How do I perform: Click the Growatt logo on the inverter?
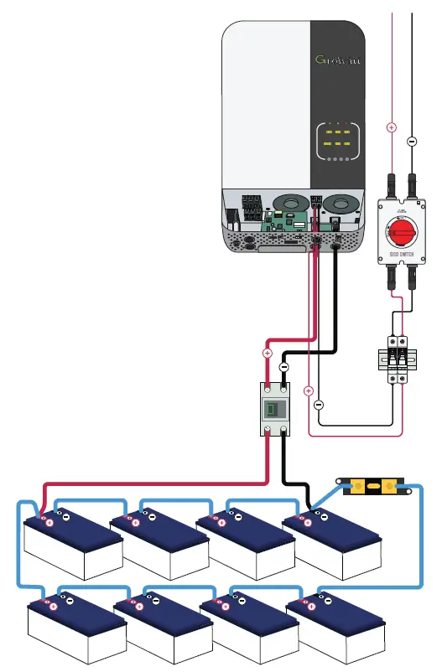coord(337,60)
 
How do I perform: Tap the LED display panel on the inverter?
coord(337,144)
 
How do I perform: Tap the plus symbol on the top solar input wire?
coord(392,127)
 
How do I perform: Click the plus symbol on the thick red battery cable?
coord(267,354)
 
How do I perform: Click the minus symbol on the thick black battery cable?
coord(283,367)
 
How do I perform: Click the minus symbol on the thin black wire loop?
coord(318,405)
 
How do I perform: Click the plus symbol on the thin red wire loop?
coord(309,390)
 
